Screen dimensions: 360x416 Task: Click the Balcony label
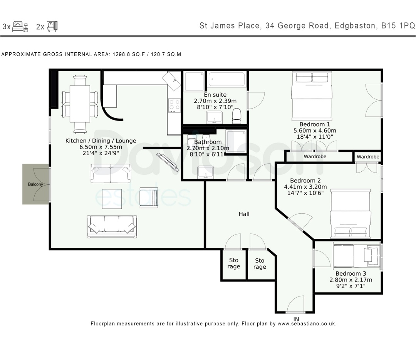coord(35,184)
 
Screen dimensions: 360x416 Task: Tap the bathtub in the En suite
coord(227,80)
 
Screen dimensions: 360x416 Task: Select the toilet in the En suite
coord(237,115)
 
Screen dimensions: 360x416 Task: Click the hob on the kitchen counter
coord(174,105)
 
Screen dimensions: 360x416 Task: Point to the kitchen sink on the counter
coord(172,80)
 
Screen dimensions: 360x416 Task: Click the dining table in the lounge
coord(80,104)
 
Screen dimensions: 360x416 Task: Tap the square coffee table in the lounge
coord(112,198)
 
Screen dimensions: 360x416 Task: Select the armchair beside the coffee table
coord(149,198)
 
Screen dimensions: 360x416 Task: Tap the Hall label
coord(244,214)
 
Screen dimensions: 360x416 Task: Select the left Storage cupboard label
coord(233,264)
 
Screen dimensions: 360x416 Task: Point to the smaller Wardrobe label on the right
coord(368,157)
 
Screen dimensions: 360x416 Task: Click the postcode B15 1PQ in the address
coord(398,26)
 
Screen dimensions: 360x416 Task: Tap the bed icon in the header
coord(20,27)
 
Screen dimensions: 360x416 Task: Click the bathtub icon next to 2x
coord(52,27)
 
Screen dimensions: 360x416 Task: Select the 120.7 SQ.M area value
coord(166,54)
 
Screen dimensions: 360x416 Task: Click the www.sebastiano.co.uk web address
coord(307,324)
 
